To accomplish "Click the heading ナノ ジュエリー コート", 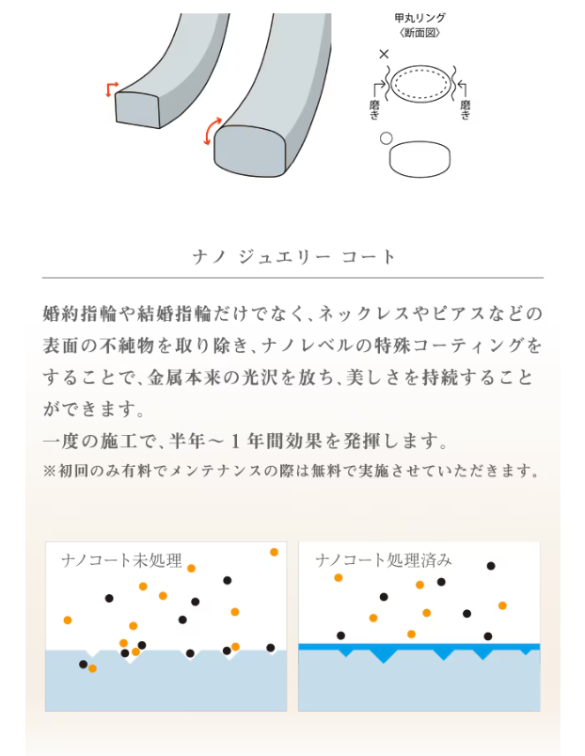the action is point(293,257).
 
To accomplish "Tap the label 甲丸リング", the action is point(419,18).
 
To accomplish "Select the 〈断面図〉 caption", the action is point(419,32).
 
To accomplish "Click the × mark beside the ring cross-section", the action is point(384,54).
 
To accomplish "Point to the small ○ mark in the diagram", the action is point(386,138).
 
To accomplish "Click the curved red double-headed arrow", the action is point(212,131).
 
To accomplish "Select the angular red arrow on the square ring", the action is point(111,88).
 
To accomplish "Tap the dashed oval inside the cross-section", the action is point(419,84).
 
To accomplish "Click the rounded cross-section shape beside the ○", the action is point(419,159).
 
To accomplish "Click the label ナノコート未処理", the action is point(122,560).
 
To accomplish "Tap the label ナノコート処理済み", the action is point(384,560).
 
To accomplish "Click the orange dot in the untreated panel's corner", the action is point(274,552).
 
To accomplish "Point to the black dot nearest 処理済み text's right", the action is point(491,566).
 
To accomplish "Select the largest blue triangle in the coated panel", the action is point(384,654).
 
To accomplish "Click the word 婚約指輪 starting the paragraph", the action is point(79,314).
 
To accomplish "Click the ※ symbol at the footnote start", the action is point(50,471).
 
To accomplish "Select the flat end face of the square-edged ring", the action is point(137,110).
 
